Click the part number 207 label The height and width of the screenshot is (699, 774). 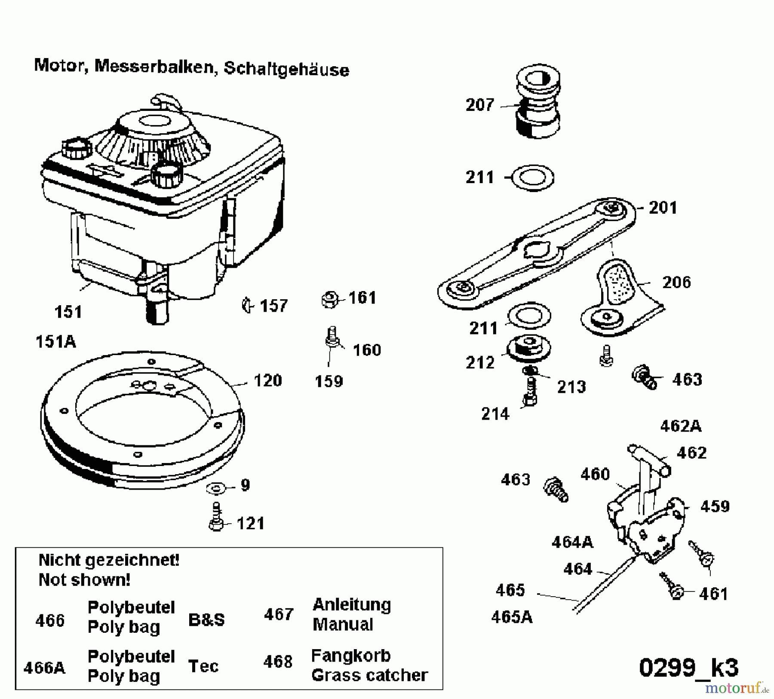480,105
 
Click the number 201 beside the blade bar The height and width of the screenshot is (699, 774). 663,208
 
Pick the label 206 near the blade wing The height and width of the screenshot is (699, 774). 676,282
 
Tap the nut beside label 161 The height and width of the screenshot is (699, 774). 330,300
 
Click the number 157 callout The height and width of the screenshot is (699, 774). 273,306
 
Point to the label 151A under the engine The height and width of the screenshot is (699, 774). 55,342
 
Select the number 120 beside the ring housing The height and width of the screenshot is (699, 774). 267,381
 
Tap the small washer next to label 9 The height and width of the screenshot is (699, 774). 216,488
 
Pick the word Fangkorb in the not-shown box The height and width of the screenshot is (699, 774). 350,656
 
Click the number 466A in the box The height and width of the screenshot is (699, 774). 45,668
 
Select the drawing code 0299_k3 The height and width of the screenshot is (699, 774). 688,668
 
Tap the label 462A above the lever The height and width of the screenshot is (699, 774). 681,426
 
